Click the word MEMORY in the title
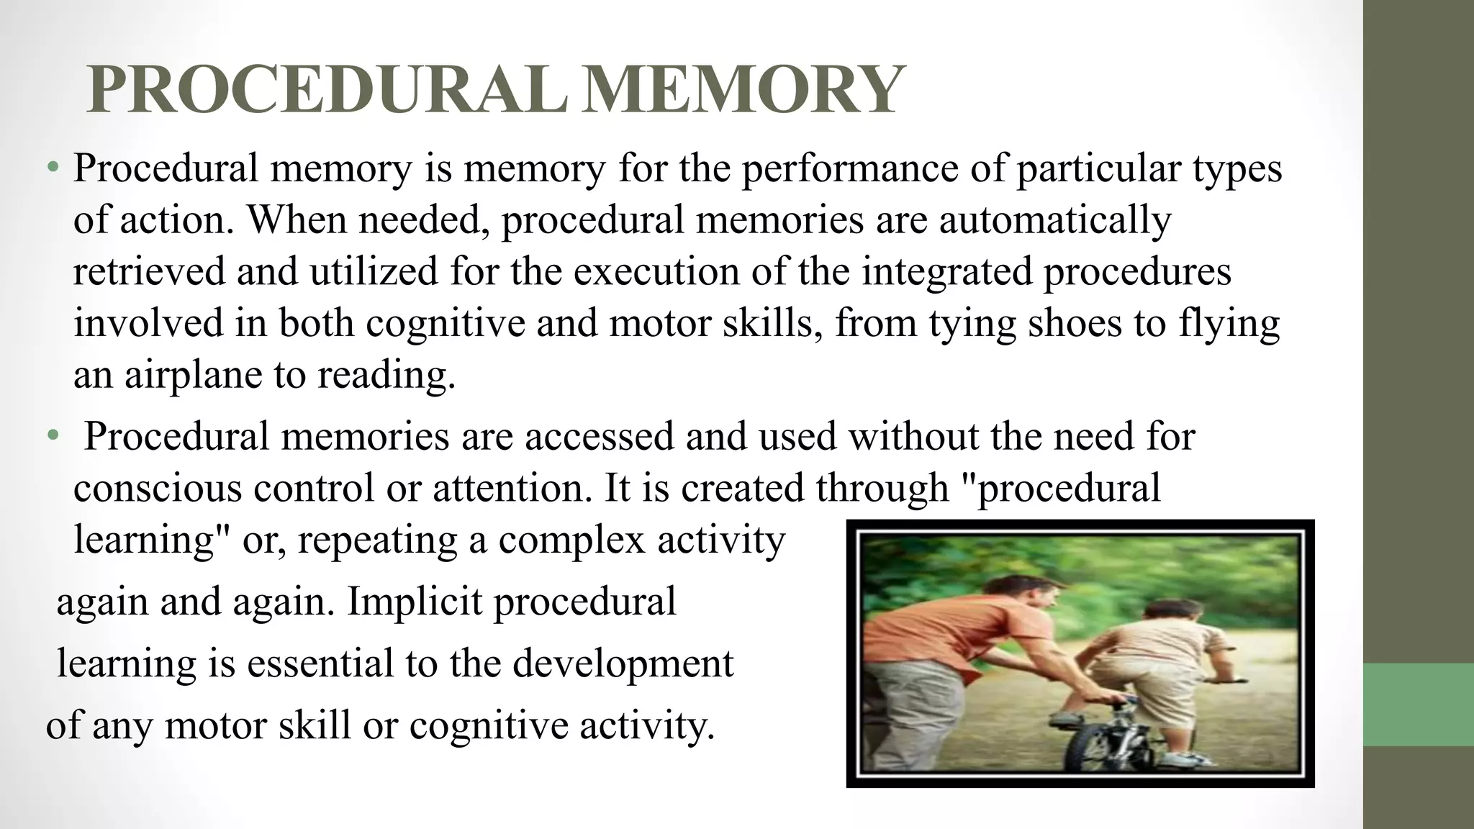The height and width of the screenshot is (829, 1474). (741, 91)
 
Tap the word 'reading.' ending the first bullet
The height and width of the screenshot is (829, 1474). (386, 375)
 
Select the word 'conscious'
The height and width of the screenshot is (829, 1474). (157, 488)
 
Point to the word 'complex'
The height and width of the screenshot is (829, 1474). (573, 540)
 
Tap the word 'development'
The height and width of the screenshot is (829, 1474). (623, 663)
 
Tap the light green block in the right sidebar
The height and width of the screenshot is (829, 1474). (1418, 705)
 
